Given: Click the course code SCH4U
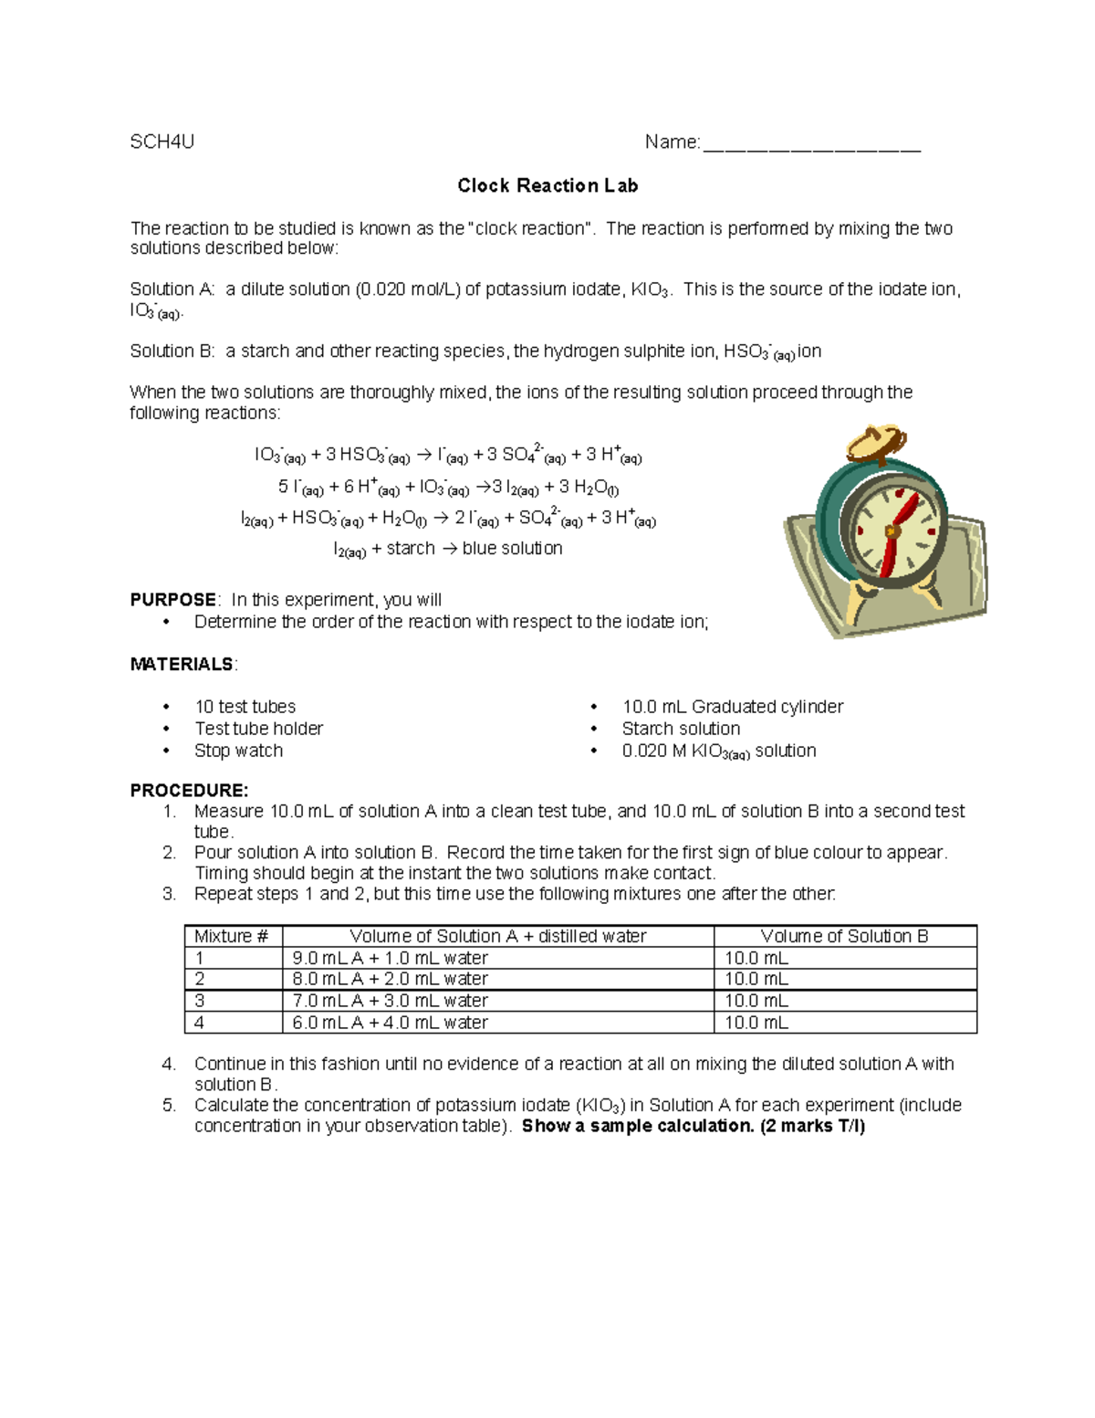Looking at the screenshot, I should click(x=162, y=142).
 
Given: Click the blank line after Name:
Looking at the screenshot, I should click(x=811, y=146).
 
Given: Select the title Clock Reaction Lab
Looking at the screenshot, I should click(x=547, y=185).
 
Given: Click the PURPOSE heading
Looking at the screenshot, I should click(x=173, y=600).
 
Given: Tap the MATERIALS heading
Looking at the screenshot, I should click(x=182, y=665).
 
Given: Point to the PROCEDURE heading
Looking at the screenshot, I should click(x=189, y=791).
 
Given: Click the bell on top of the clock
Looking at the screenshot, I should click(x=873, y=443).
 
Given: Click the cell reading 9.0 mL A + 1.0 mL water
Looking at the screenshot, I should click(x=390, y=959).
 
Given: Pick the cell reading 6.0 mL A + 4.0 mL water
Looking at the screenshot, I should click(x=390, y=1024).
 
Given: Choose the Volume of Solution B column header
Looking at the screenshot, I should click(x=844, y=937).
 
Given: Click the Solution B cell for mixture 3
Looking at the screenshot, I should click(x=756, y=1002).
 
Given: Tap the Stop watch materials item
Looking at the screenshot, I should click(x=238, y=751).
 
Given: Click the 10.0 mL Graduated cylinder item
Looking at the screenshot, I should click(x=732, y=707).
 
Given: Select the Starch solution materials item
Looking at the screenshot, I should click(x=681, y=729).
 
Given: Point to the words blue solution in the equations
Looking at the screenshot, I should click(x=512, y=549).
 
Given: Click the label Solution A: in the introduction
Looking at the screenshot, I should click(x=172, y=289).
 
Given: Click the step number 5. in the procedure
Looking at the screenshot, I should click(x=170, y=1106).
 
